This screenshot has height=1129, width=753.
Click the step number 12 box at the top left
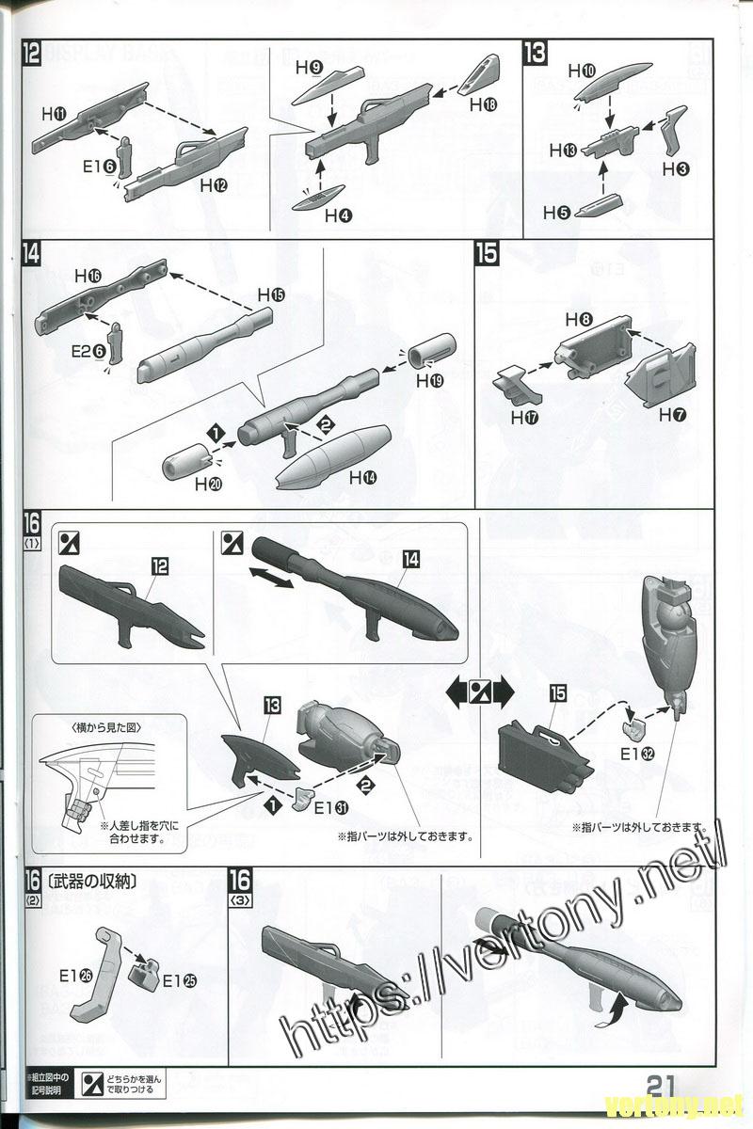point(31,53)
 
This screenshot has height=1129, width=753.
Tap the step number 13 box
point(534,53)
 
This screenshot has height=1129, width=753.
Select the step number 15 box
point(487,254)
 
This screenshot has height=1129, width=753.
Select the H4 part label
point(338,215)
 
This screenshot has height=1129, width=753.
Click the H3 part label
point(675,169)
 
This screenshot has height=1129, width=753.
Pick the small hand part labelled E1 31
point(303,799)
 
